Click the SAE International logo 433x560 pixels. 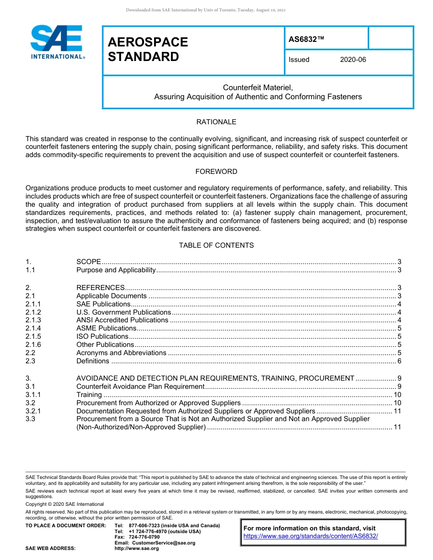click(57, 42)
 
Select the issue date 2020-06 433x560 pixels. click(353, 60)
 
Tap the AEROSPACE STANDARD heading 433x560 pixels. click(148, 49)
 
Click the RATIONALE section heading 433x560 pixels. click(216, 122)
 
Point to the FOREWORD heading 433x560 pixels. click(216, 172)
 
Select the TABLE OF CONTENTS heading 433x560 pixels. click(216, 245)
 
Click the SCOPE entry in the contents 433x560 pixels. click(88, 262)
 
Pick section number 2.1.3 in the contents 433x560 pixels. click(33, 320)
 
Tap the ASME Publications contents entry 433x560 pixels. click(106, 328)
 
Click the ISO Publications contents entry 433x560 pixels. click(103, 336)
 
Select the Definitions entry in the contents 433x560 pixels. click(93, 361)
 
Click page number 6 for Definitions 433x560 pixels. click(399, 361)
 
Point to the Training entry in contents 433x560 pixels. click(89, 395)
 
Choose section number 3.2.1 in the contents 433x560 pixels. click(33, 411)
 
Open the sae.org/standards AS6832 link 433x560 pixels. click(311, 536)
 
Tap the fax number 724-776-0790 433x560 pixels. click(144, 537)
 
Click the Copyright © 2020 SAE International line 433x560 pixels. click(65, 504)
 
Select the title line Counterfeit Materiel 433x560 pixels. click(258, 87)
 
